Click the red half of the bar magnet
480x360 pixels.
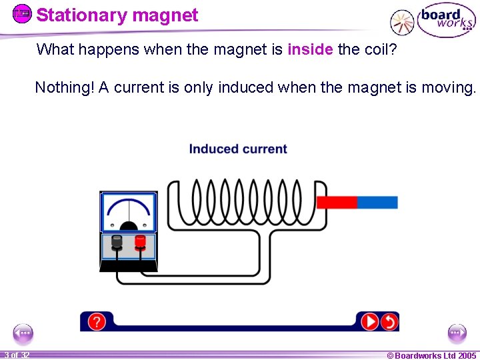pos(337,202)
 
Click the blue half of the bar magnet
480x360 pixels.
pos(377,202)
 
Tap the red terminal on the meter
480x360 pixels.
pos(140,241)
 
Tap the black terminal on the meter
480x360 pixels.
pos(117,241)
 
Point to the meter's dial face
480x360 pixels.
pos(128,213)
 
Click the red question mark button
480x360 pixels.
pos(96,322)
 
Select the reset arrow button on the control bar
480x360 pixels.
pos(389,322)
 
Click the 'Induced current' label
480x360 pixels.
pos(238,149)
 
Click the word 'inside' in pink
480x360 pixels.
pos(310,49)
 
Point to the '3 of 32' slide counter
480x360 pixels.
pos(15,355)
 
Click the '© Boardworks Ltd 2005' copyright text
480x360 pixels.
pos(431,355)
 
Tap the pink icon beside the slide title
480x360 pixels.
pos(22,13)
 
